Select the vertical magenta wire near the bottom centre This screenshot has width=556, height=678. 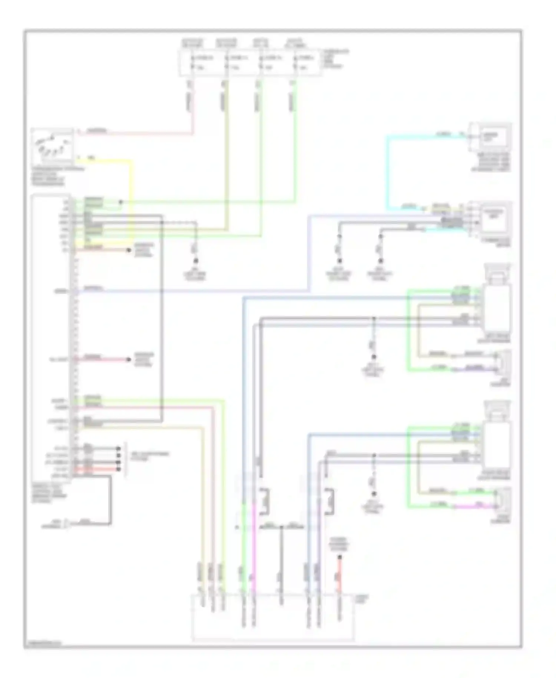click(254, 549)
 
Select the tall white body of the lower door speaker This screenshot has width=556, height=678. click(497, 443)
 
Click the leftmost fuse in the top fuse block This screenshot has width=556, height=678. click(192, 62)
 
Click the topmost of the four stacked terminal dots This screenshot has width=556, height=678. click(119, 448)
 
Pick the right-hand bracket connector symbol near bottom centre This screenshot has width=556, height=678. click(329, 501)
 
